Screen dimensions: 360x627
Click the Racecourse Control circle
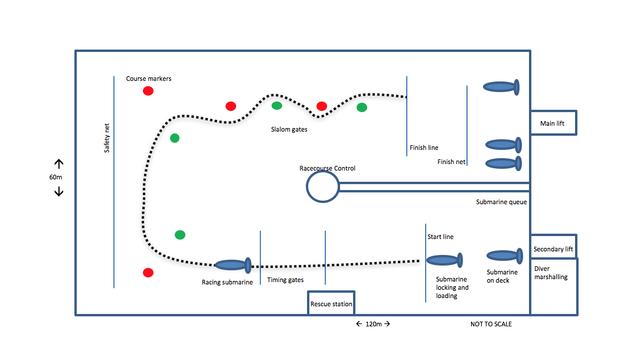click(x=322, y=186)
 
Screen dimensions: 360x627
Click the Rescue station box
click(x=331, y=303)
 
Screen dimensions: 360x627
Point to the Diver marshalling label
click(x=550, y=273)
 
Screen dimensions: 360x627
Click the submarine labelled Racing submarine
click(x=234, y=266)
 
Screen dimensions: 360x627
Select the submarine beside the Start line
click(x=444, y=260)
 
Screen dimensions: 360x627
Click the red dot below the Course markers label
click(x=148, y=91)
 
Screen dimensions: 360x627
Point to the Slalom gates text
click(x=289, y=130)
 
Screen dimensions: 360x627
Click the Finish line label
click(x=424, y=148)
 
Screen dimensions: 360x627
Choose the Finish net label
click(x=452, y=162)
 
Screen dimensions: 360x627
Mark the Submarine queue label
click(x=501, y=202)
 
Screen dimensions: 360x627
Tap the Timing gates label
click(x=285, y=280)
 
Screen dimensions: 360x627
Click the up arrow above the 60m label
click(x=59, y=163)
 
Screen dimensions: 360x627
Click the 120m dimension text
click(x=373, y=324)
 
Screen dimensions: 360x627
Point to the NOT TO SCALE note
click(x=491, y=324)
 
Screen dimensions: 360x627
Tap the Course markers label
click(x=149, y=78)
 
